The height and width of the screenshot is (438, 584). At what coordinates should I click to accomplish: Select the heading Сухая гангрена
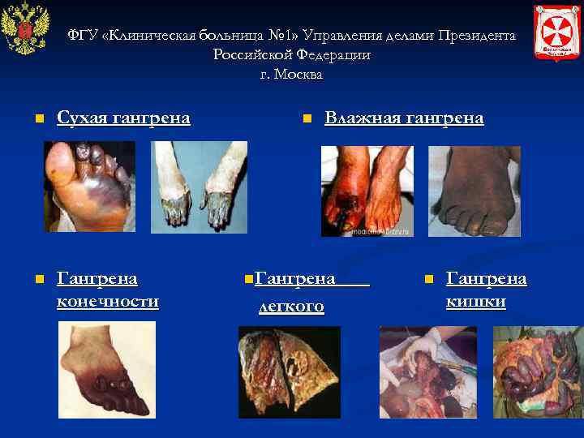click(123, 118)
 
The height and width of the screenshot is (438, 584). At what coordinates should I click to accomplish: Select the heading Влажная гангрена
click(404, 118)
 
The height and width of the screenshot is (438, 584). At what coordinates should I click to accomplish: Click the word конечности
click(108, 303)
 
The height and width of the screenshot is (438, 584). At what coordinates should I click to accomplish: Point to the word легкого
click(291, 306)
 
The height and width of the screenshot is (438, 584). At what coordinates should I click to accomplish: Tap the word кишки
click(476, 303)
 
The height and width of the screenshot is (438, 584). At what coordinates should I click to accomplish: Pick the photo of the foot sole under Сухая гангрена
click(89, 186)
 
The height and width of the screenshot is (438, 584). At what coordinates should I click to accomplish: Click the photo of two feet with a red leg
click(367, 191)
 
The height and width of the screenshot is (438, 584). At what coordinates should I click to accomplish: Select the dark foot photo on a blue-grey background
click(474, 191)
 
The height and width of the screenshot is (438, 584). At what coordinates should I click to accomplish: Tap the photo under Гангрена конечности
click(106, 369)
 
